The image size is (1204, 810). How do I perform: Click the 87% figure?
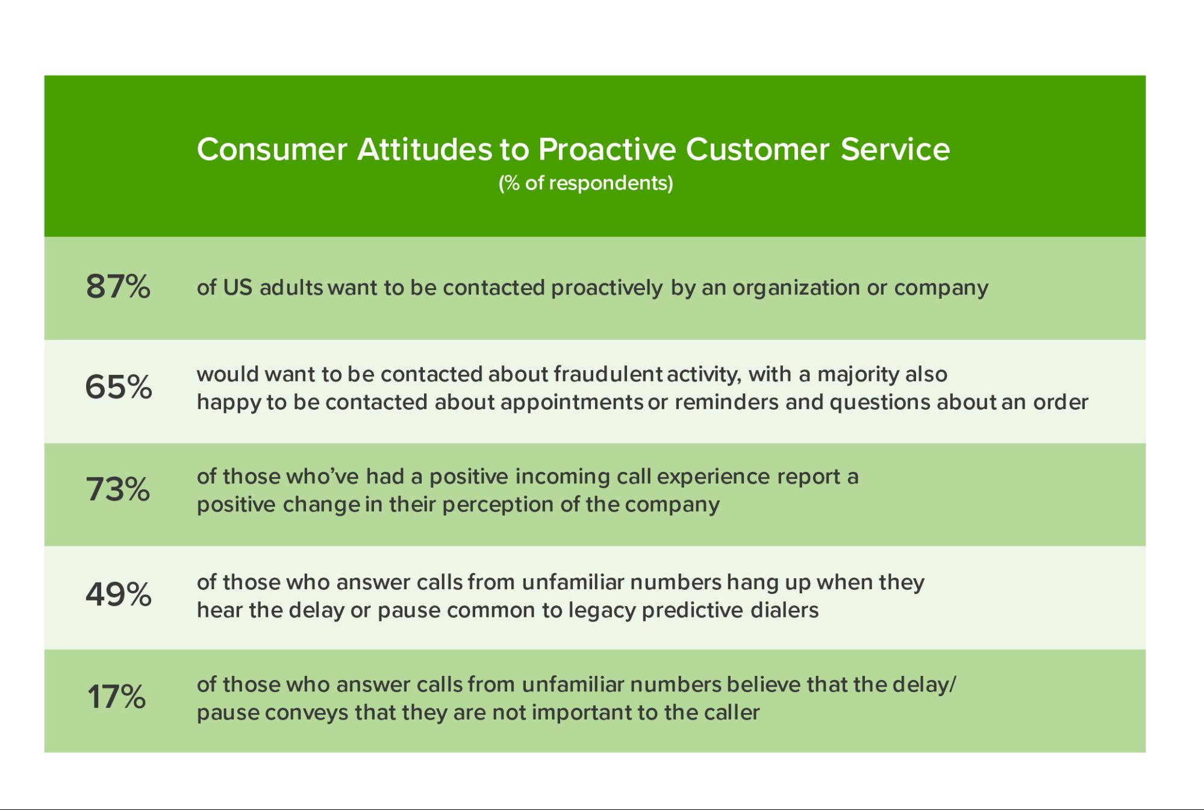click(118, 286)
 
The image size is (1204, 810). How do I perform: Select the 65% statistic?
click(118, 386)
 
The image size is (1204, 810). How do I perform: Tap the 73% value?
click(118, 489)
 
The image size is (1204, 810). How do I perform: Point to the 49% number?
click(118, 594)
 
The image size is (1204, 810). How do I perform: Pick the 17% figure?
click(117, 696)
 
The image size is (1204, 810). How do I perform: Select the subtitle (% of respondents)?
click(585, 183)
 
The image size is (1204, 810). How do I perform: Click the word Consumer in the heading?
click(272, 149)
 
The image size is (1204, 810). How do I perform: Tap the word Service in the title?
click(895, 149)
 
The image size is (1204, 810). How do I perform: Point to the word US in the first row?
click(237, 287)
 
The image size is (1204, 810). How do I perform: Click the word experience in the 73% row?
click(714, 477)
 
